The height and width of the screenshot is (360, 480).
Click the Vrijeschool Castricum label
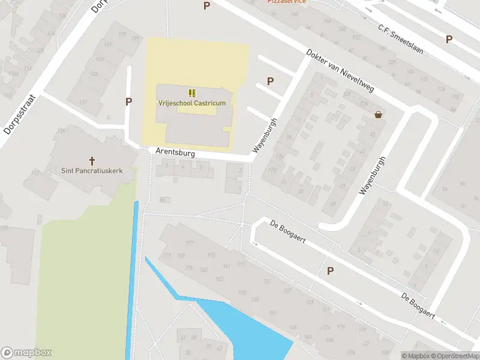click(192, 103)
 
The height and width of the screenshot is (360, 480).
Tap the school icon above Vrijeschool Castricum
click(192, 93)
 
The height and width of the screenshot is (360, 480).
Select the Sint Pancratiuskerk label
click(92, 170)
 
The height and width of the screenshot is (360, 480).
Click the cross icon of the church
click(92, 160)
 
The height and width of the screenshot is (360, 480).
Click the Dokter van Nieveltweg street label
click(340, 70)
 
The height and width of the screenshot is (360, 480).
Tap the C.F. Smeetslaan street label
click(400, 40)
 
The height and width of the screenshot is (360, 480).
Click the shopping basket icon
click(379, 115)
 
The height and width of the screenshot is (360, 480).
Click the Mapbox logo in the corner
click(26, 353)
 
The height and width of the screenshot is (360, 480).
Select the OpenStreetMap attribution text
click(454, 356)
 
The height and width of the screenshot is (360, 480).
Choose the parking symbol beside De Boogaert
click(330, 271)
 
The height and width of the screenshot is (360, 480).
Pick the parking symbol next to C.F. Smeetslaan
click(449, 39)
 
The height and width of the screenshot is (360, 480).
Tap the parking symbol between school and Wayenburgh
click(270, 81)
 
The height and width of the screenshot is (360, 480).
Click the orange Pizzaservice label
click(287, 2)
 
